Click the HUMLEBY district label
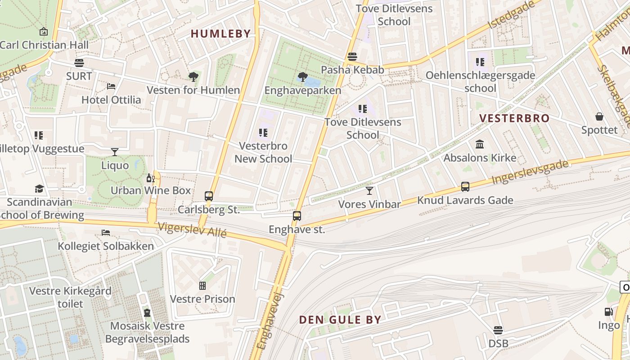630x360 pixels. [220, 34]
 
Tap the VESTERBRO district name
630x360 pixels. [514, 118]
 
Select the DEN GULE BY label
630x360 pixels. [340, 320]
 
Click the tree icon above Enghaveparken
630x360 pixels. [303, 77]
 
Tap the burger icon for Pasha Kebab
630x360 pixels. [352, 57]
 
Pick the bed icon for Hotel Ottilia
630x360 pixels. [111, 86]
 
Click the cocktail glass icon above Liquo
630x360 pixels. [115, 152]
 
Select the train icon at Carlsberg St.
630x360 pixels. [209, 196]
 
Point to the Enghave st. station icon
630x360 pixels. [297, 216]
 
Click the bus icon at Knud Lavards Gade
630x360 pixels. [465, 187]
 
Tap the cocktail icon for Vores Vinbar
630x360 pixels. [369, 191]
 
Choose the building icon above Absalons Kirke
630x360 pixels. [480, 144]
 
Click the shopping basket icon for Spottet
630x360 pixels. [599, 117]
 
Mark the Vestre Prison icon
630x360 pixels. [202, 286]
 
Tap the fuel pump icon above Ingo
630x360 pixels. [608, 311]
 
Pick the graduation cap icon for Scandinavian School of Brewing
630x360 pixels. [40, 189]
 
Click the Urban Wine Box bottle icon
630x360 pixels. [150, 178]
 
